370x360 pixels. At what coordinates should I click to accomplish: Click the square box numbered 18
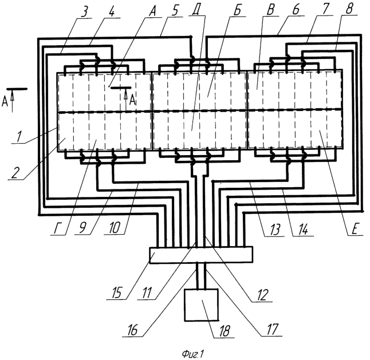click(201, 305)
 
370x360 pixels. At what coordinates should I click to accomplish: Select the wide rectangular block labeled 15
click(201, 255)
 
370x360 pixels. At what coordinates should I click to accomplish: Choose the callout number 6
click(295, 10)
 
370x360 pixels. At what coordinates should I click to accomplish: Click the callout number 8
click(349, 9)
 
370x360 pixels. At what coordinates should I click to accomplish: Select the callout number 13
click(275, 230)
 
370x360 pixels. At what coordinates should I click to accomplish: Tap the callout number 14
click(303, 230)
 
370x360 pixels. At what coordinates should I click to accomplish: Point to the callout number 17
click(272, 329)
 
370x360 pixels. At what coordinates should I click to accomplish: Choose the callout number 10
click(115, 228)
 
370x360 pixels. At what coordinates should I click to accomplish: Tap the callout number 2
click(15, 174)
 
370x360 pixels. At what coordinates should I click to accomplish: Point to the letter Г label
click(57, 229)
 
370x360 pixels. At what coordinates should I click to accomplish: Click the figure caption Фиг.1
click(193, 354)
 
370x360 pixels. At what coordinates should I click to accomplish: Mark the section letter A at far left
click(5, 102)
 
